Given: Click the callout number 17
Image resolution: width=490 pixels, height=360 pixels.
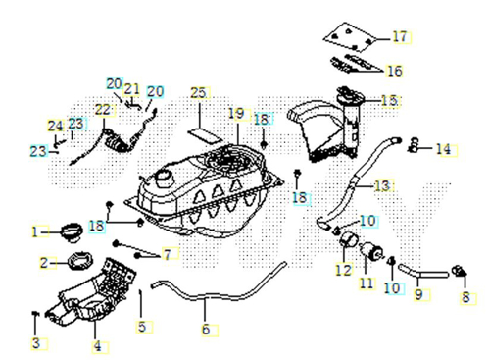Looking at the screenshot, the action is [400, 37].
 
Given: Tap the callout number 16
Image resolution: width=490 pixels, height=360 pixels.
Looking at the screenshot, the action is [395, 71].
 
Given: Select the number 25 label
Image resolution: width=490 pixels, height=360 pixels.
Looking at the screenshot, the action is [198, 93].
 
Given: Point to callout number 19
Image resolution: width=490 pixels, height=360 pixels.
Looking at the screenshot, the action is [236, 114].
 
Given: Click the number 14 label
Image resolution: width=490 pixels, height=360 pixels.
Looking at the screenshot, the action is [444, 149].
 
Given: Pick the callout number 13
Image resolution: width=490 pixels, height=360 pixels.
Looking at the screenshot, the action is [382, 185].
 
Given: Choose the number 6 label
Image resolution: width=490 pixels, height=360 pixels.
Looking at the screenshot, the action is [206, 330].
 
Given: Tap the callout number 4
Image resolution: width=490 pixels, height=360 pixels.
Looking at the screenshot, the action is [98, 346].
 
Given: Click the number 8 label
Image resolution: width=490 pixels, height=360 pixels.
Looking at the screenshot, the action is [465, 297].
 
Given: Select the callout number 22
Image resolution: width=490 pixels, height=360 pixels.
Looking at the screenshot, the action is [103, 110].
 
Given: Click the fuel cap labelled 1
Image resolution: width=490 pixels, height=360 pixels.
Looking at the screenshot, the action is [71, 232].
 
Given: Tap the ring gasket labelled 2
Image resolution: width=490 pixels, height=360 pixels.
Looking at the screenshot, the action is [80, 261].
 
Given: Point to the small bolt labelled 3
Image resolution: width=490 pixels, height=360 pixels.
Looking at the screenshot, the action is [35, 314].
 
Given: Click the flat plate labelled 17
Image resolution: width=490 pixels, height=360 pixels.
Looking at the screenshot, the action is [350, 37].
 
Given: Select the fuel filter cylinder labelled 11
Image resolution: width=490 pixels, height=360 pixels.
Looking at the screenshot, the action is [371, 251].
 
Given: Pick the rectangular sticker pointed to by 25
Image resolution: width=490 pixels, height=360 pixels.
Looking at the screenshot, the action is [205, 135].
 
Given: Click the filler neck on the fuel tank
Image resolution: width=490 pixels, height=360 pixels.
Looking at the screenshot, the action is [164, 180].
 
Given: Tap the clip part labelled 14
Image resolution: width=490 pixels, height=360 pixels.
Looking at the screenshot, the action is [414, 145].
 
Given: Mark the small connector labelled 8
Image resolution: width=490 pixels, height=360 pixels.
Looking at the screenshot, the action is [460, 271].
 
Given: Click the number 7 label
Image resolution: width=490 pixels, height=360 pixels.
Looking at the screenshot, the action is [168, 254].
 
